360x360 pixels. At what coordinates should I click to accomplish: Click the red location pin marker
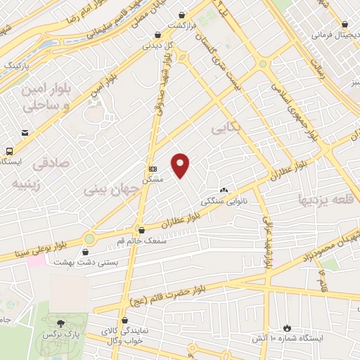coord(181,165)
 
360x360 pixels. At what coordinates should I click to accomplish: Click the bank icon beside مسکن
coord(153,169)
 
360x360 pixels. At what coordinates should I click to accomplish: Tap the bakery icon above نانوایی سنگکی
coord(224,190)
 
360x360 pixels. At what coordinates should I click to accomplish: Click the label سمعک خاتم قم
coord(143,240)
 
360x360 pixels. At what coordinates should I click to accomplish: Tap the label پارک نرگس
coord(61,335)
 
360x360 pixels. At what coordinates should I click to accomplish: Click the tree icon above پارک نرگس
coord(60,323)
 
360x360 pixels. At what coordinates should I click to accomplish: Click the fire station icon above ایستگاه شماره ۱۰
coord(287,328)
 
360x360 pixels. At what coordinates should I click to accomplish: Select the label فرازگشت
coord(181,25)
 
